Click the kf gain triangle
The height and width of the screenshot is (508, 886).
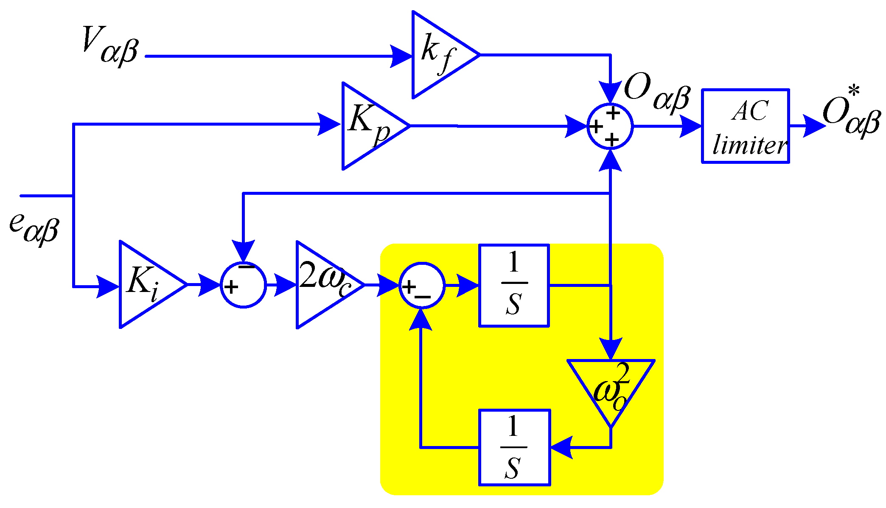[439, 55]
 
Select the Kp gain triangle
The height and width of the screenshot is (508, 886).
[369, 126]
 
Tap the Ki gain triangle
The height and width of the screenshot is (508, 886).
[146, 284]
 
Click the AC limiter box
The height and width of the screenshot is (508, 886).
[745, 126]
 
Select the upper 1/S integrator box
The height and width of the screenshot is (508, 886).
[514, 285]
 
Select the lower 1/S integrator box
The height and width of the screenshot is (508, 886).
[514, 447]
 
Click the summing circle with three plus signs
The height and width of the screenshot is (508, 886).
[610, 126]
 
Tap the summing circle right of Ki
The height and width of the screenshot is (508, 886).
[243, 285]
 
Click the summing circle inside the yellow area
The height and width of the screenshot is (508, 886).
[421, 285]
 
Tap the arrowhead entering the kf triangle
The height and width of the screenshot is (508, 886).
[401, 56]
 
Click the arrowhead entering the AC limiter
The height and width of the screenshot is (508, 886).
[690, 126]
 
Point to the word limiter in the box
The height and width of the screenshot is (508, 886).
[749, 145]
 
